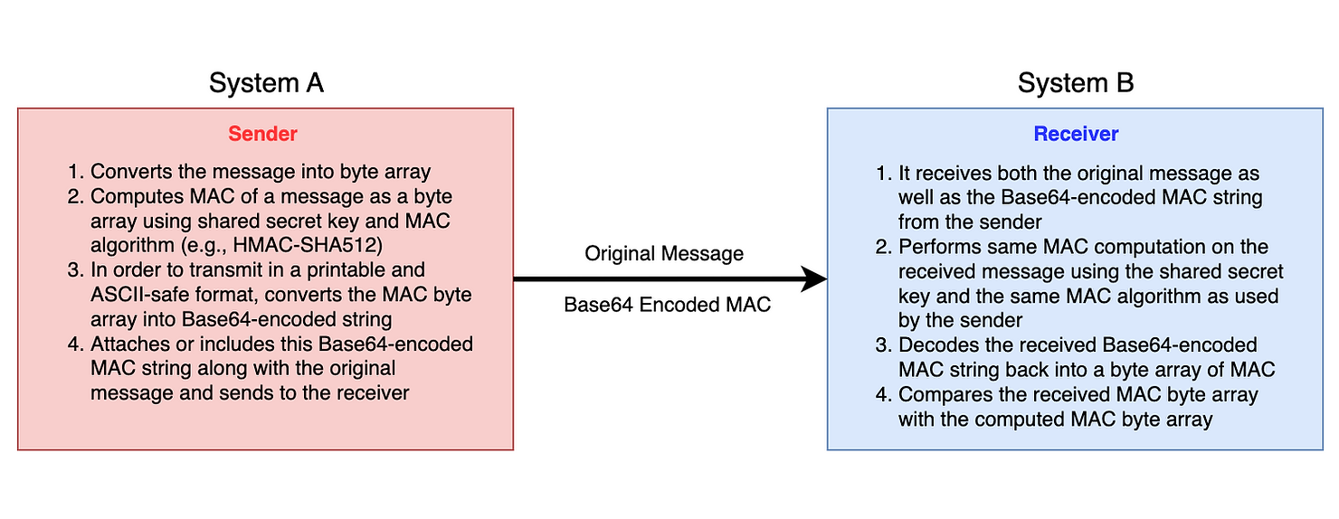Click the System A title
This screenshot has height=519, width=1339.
pos(266,83)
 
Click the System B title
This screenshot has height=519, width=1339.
pos(1075,83)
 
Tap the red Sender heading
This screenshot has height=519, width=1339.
pos(262,134)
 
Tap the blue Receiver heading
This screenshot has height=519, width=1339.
pos(1076,134)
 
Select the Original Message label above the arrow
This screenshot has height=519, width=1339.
pos(664,254)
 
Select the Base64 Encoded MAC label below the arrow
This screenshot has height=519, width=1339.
pos(667,305)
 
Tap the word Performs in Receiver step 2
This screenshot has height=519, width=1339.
pos(936,247)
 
